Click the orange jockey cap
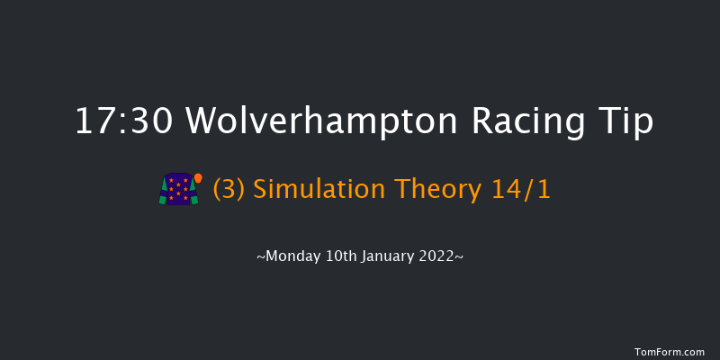(198, 177)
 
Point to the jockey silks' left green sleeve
(163, 194)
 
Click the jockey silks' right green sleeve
(193, 194)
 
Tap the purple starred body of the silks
(178, 189)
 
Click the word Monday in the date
(290, 257)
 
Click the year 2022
(439, 257)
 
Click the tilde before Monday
(261, 258)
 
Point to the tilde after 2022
(461, 258)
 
